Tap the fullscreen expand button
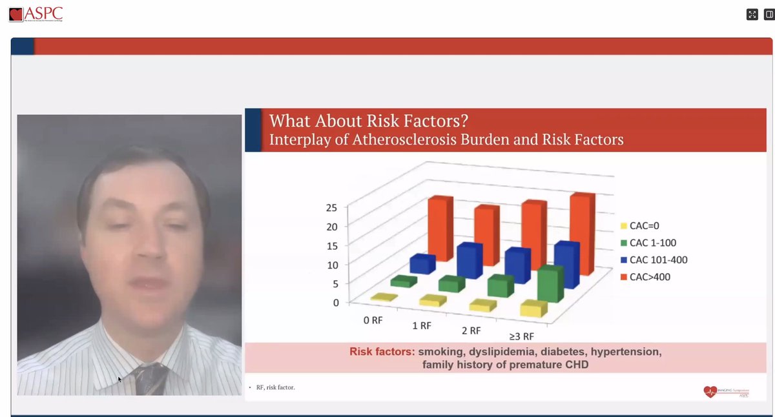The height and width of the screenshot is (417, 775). pos(752,14)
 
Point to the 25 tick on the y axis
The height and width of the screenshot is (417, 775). pos(331,208)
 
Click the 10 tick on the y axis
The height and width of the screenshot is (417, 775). pos(331,265)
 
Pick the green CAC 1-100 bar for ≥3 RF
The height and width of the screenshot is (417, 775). pos(550,286)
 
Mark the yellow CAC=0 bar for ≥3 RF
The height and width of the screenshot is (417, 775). pos(533,309)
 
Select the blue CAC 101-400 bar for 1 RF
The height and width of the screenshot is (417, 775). pos(470,261)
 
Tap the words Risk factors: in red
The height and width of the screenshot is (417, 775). pos(382,352)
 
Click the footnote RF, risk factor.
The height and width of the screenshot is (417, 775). pos(276,387)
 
